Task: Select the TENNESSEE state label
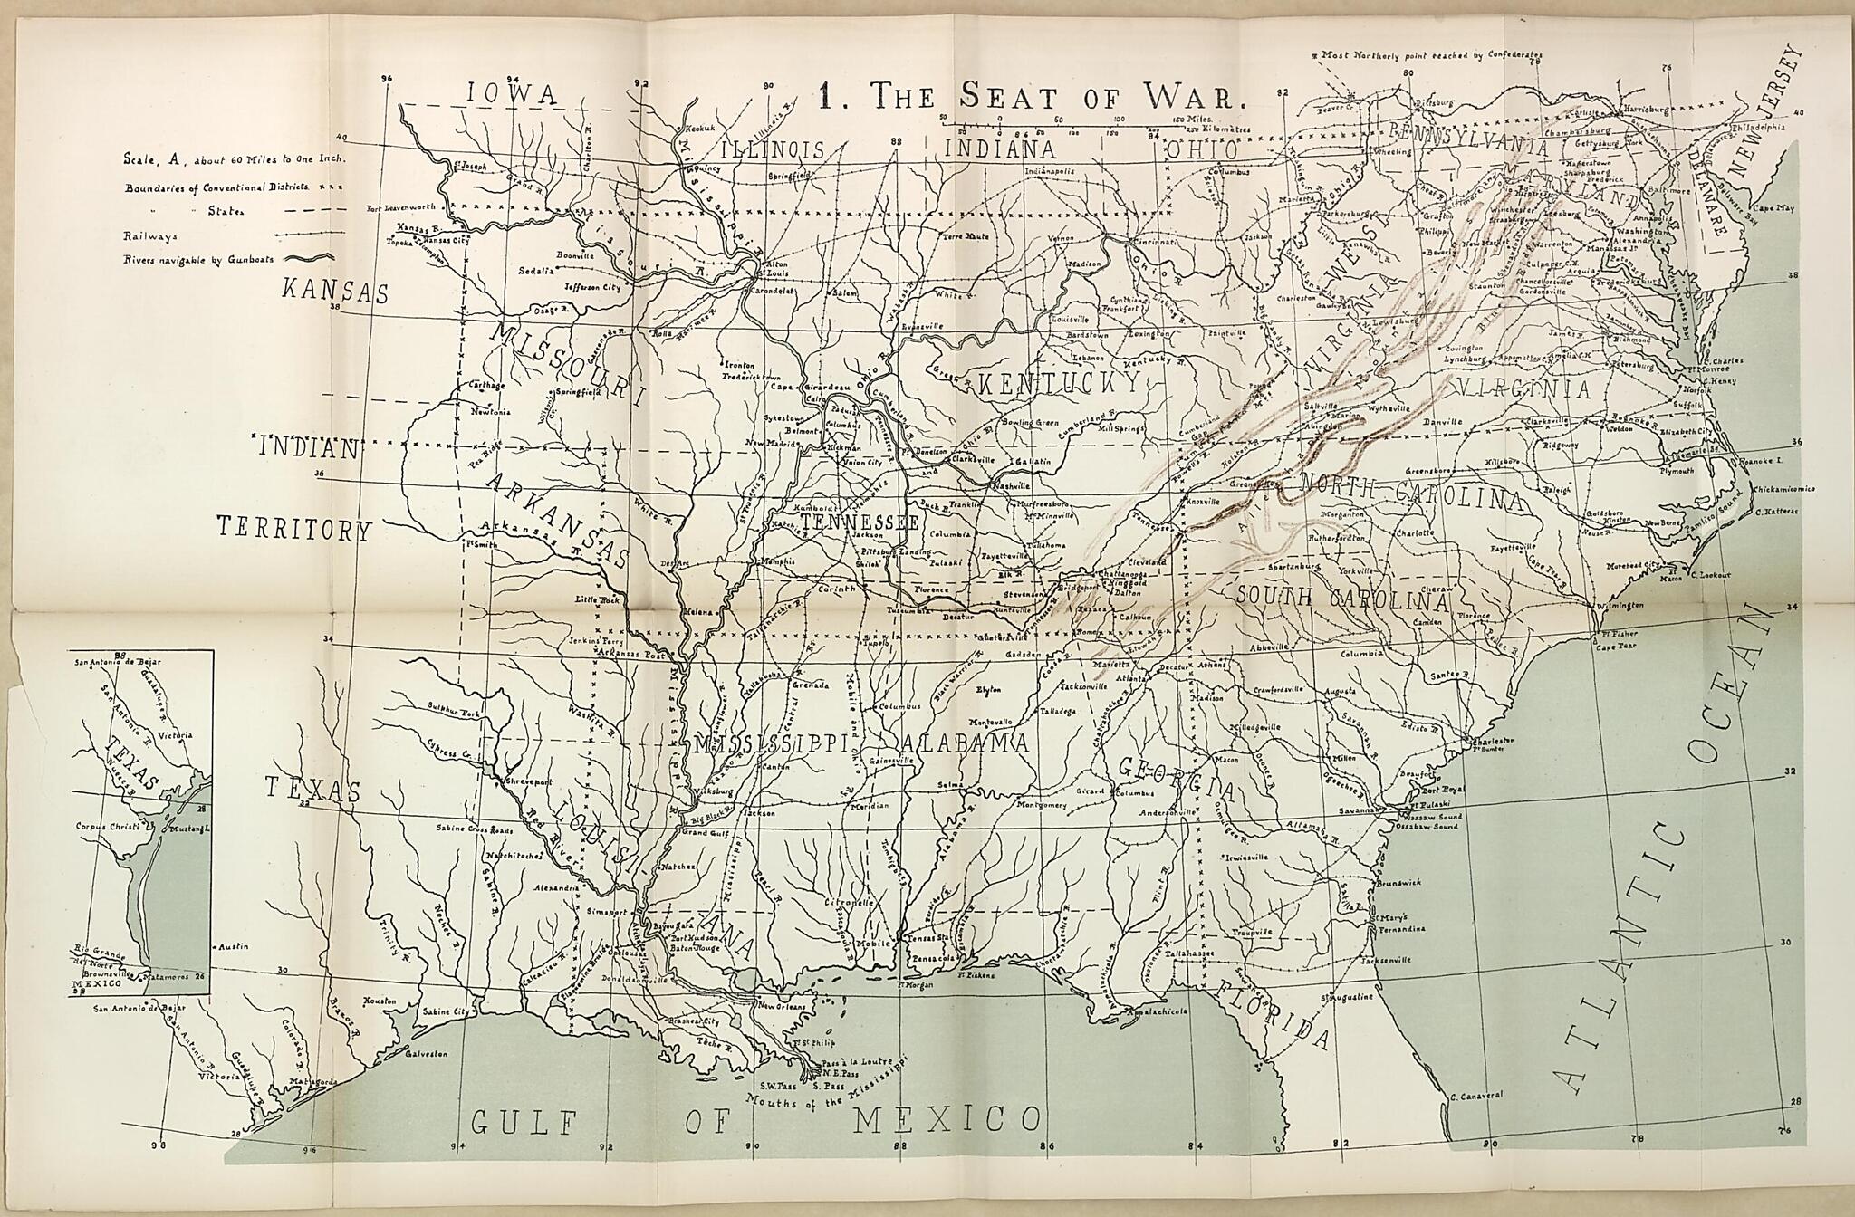click(x=860, y=523)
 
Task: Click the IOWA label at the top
click(x=512, y=94)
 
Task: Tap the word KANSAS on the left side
click(x=335, y=292)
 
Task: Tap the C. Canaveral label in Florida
click(x=1475, y=1095)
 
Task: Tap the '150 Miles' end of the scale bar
click(x=1194, y=119)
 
